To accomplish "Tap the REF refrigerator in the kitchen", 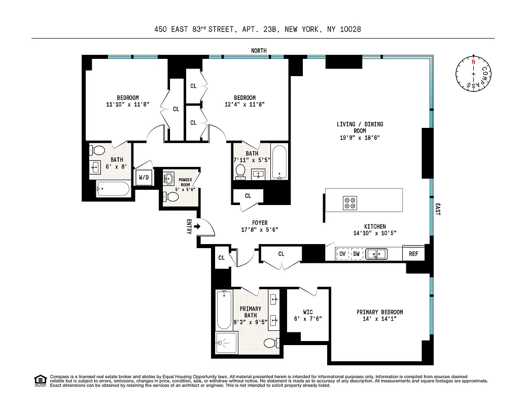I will [413, 253].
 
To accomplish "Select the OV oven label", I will [342, 253].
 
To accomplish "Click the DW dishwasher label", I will [357, 253].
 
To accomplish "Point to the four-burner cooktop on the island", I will [350, 202].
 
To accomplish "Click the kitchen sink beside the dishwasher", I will [376, 253].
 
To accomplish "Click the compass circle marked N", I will [473, 74].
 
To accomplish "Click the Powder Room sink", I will [169, 179].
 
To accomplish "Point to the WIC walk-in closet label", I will [307, 312].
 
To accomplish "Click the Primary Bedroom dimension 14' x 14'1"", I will [379, 319].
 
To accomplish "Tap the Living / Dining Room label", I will [360, 127].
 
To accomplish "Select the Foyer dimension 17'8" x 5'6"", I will [260, 229].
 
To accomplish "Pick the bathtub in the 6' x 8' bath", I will [113, 189].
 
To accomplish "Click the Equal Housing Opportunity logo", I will [39, 380].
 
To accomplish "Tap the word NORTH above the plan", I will [259, 51].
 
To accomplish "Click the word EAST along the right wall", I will [437, 210].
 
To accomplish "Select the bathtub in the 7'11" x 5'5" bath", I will [279, 162].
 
